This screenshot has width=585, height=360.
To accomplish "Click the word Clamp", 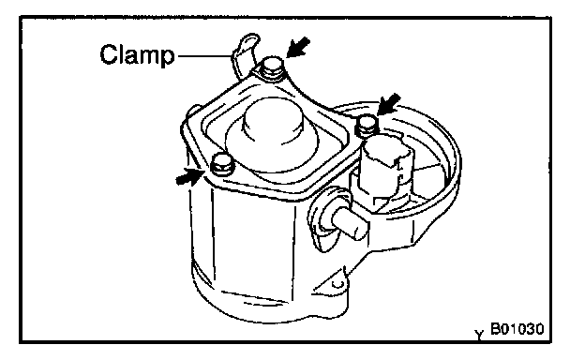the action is click(x=137, y=54).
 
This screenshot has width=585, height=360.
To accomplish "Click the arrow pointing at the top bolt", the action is click(x=298, y=47).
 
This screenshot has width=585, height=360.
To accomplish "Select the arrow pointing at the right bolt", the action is click(x=388, y=104).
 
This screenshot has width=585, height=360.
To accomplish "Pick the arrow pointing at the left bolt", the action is click(x=190, y=176).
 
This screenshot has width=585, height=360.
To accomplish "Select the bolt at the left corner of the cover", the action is click(x=222, y=165).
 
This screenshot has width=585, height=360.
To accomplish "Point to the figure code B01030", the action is click(x=517, y=329).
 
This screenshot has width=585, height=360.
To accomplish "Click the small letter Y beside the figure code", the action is click(x=479, y=335).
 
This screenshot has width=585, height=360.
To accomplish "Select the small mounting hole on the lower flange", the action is click(x=337, y=284).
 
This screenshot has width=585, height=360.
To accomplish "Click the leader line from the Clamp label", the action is click(x=204, y=56).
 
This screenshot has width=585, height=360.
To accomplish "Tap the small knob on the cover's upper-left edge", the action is click(x=193, y=110).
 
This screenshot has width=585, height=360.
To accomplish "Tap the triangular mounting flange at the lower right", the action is click(x=332, y=280).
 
